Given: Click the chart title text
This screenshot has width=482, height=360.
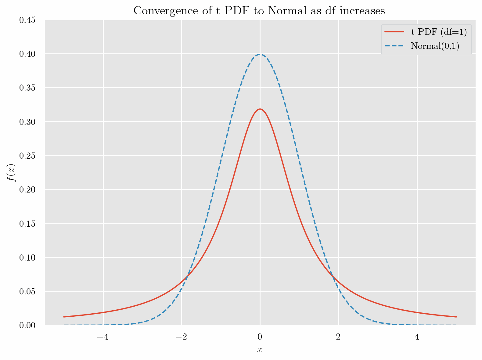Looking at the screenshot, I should tap(259, 11).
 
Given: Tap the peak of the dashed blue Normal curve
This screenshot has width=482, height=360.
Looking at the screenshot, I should tap(260, 54).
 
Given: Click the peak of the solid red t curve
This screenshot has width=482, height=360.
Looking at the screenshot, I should tap(260, 109).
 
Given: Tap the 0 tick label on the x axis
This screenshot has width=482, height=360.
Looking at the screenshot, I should tap(260, 337).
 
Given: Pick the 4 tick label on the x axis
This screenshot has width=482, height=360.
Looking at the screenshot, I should tap(417, 337).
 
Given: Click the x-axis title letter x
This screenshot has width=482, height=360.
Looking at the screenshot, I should tap(260, 350).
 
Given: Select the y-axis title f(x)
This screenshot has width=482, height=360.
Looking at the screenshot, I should tap(12, 173).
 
